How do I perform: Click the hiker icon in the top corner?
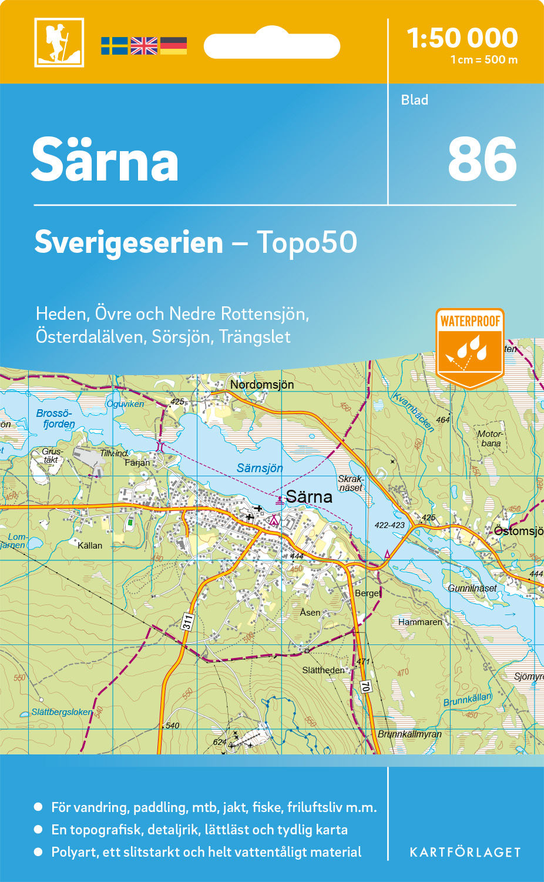pyautogui.click(x=59, y=42)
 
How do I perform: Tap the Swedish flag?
pyautogui.click(x=114, y=46)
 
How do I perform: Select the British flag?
pyautogui.click(x=144, y=46)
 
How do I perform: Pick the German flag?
pyautogui.click(x=173, y=46)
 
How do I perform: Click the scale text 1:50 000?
pyautogui.click(x=462, y=38)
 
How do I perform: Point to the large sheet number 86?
pyautogui.click(x=482, y=159)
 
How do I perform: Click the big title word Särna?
pyautogui.click(x=105, y=161)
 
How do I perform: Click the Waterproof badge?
pyautogui.click(x=470, y=347)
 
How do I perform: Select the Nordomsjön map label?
pyautogui.click(x=262, y=385)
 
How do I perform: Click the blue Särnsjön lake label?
pyautogui.click(x=260, y=468)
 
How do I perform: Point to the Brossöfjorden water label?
pyautogui.click(x=56, y=418)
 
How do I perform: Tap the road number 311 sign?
pyautogui.click(x=187, y=622)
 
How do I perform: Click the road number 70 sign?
pyautogui.click(x=365, y=686)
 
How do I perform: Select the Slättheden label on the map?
pyautogui.click(x=323, y=670)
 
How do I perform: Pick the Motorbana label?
pyautogui.click(x=490, y=439)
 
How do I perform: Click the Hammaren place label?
pyautogui.click(x=420, y=622)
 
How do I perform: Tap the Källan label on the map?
pyautogui.click(x=90, y=546)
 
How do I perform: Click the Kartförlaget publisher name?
pyautogui.click(x=465, y=852)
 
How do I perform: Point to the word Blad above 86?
pyautogui.click(x=414, y=100)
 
